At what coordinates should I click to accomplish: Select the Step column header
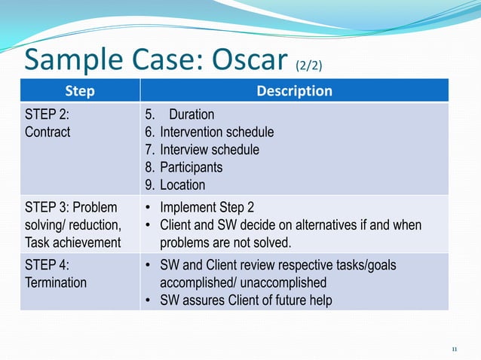tap(80, 91)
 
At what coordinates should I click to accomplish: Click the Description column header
tap(294, 91)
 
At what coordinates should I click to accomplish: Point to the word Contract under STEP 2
tap(47, 132)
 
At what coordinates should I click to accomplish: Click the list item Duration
tap(191, 114)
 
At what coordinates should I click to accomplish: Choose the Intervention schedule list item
tap(216, 132)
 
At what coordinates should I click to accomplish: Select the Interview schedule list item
tap(208, 149)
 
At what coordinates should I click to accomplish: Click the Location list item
tap(182, 185)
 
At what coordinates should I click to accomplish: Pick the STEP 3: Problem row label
tap(72, 208)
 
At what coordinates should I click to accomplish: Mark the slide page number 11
tap(454, 349)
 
